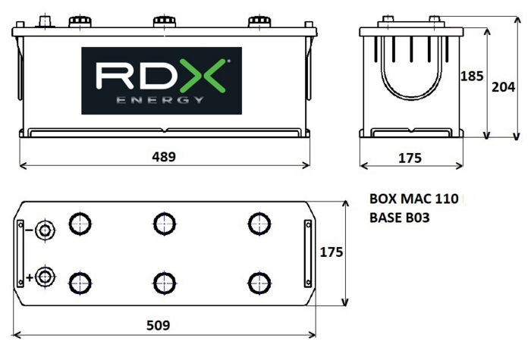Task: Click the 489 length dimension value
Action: point(164,157)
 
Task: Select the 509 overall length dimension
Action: point(159,325)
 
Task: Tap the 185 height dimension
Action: point(472,76)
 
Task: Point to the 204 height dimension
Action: point(504,87)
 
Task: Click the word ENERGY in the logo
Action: point(161,99)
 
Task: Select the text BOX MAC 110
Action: point(413,200)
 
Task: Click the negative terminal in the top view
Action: point(46,230)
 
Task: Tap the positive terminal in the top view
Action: point(46,277)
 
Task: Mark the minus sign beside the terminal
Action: point(30,230)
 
